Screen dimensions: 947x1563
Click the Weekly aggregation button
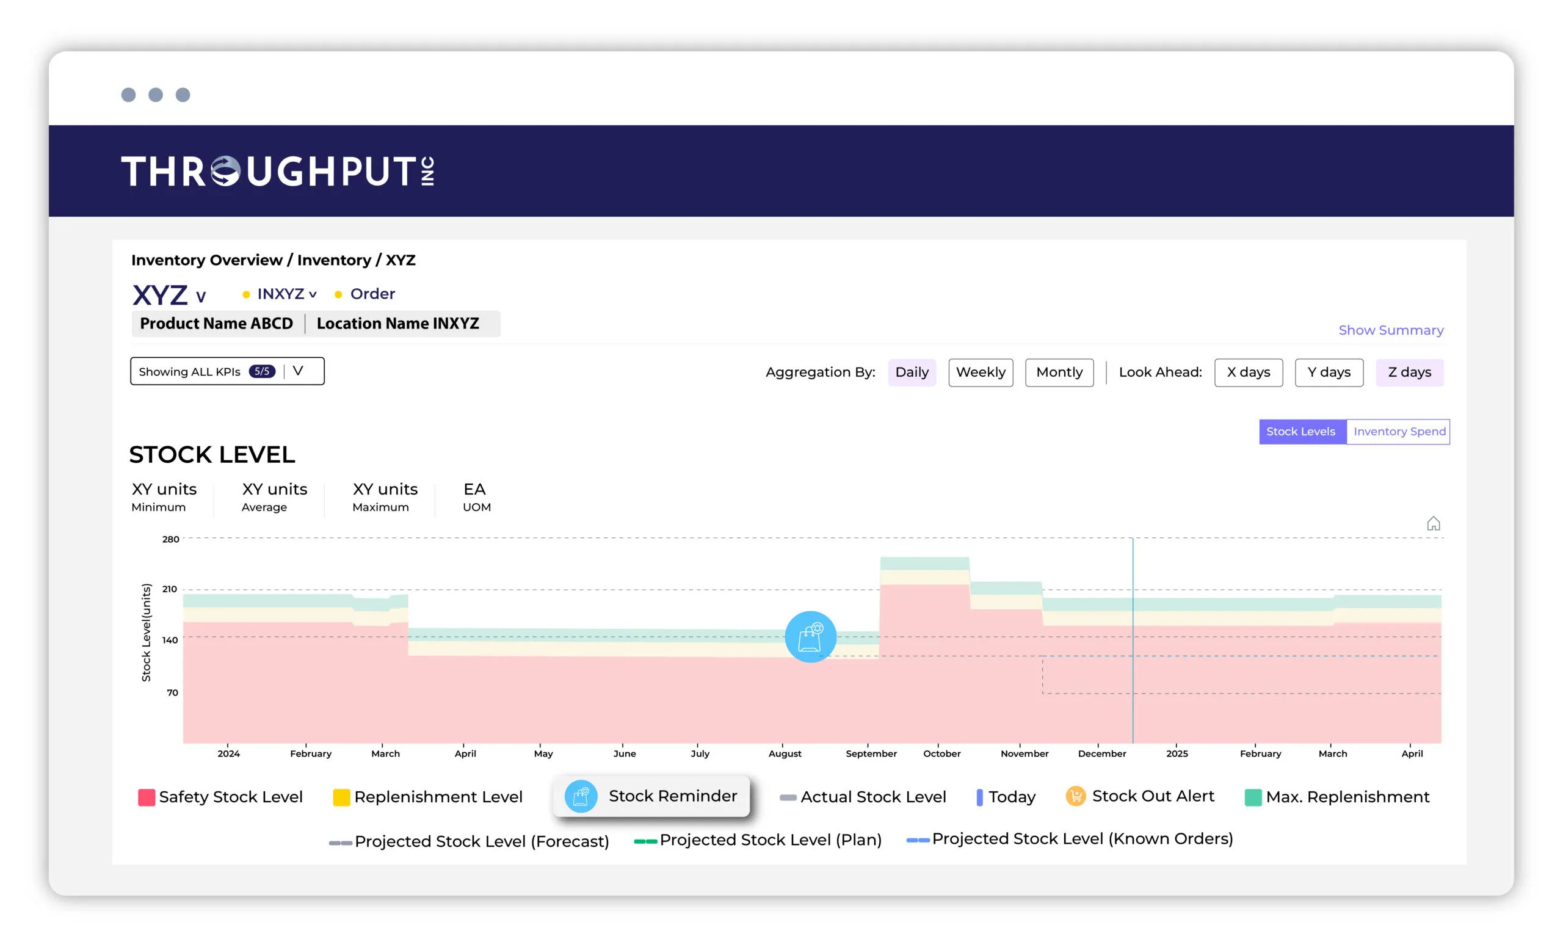click(980, 372)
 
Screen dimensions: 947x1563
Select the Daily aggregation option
click(912, 372)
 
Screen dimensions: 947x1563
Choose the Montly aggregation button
click(1059, 372)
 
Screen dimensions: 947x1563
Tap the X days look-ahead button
click(1248, 372)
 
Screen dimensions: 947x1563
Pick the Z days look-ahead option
click(1409, 372)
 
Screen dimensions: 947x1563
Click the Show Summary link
click(1390, 330)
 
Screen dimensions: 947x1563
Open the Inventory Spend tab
click(1399, 431)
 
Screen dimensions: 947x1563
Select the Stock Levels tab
click(1300, 431)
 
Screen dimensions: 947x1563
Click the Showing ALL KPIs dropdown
click(227, 371)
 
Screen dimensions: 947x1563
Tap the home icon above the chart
click(1433, 523)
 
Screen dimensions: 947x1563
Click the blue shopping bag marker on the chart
click(810, 637)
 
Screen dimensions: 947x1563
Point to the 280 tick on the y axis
click(170, 539)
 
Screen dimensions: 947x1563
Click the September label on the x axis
click(871, 753)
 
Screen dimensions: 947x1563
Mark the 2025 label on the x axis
click(1177, 753)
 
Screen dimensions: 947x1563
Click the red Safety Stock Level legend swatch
click(147, 797)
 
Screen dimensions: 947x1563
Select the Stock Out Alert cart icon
click(1075, 796)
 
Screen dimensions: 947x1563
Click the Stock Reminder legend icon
click(581, 796)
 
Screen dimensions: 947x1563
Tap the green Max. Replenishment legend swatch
click(1253, 797)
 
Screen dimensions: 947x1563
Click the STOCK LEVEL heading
click(212, 455)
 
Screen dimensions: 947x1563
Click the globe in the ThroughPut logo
click(225, 171)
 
